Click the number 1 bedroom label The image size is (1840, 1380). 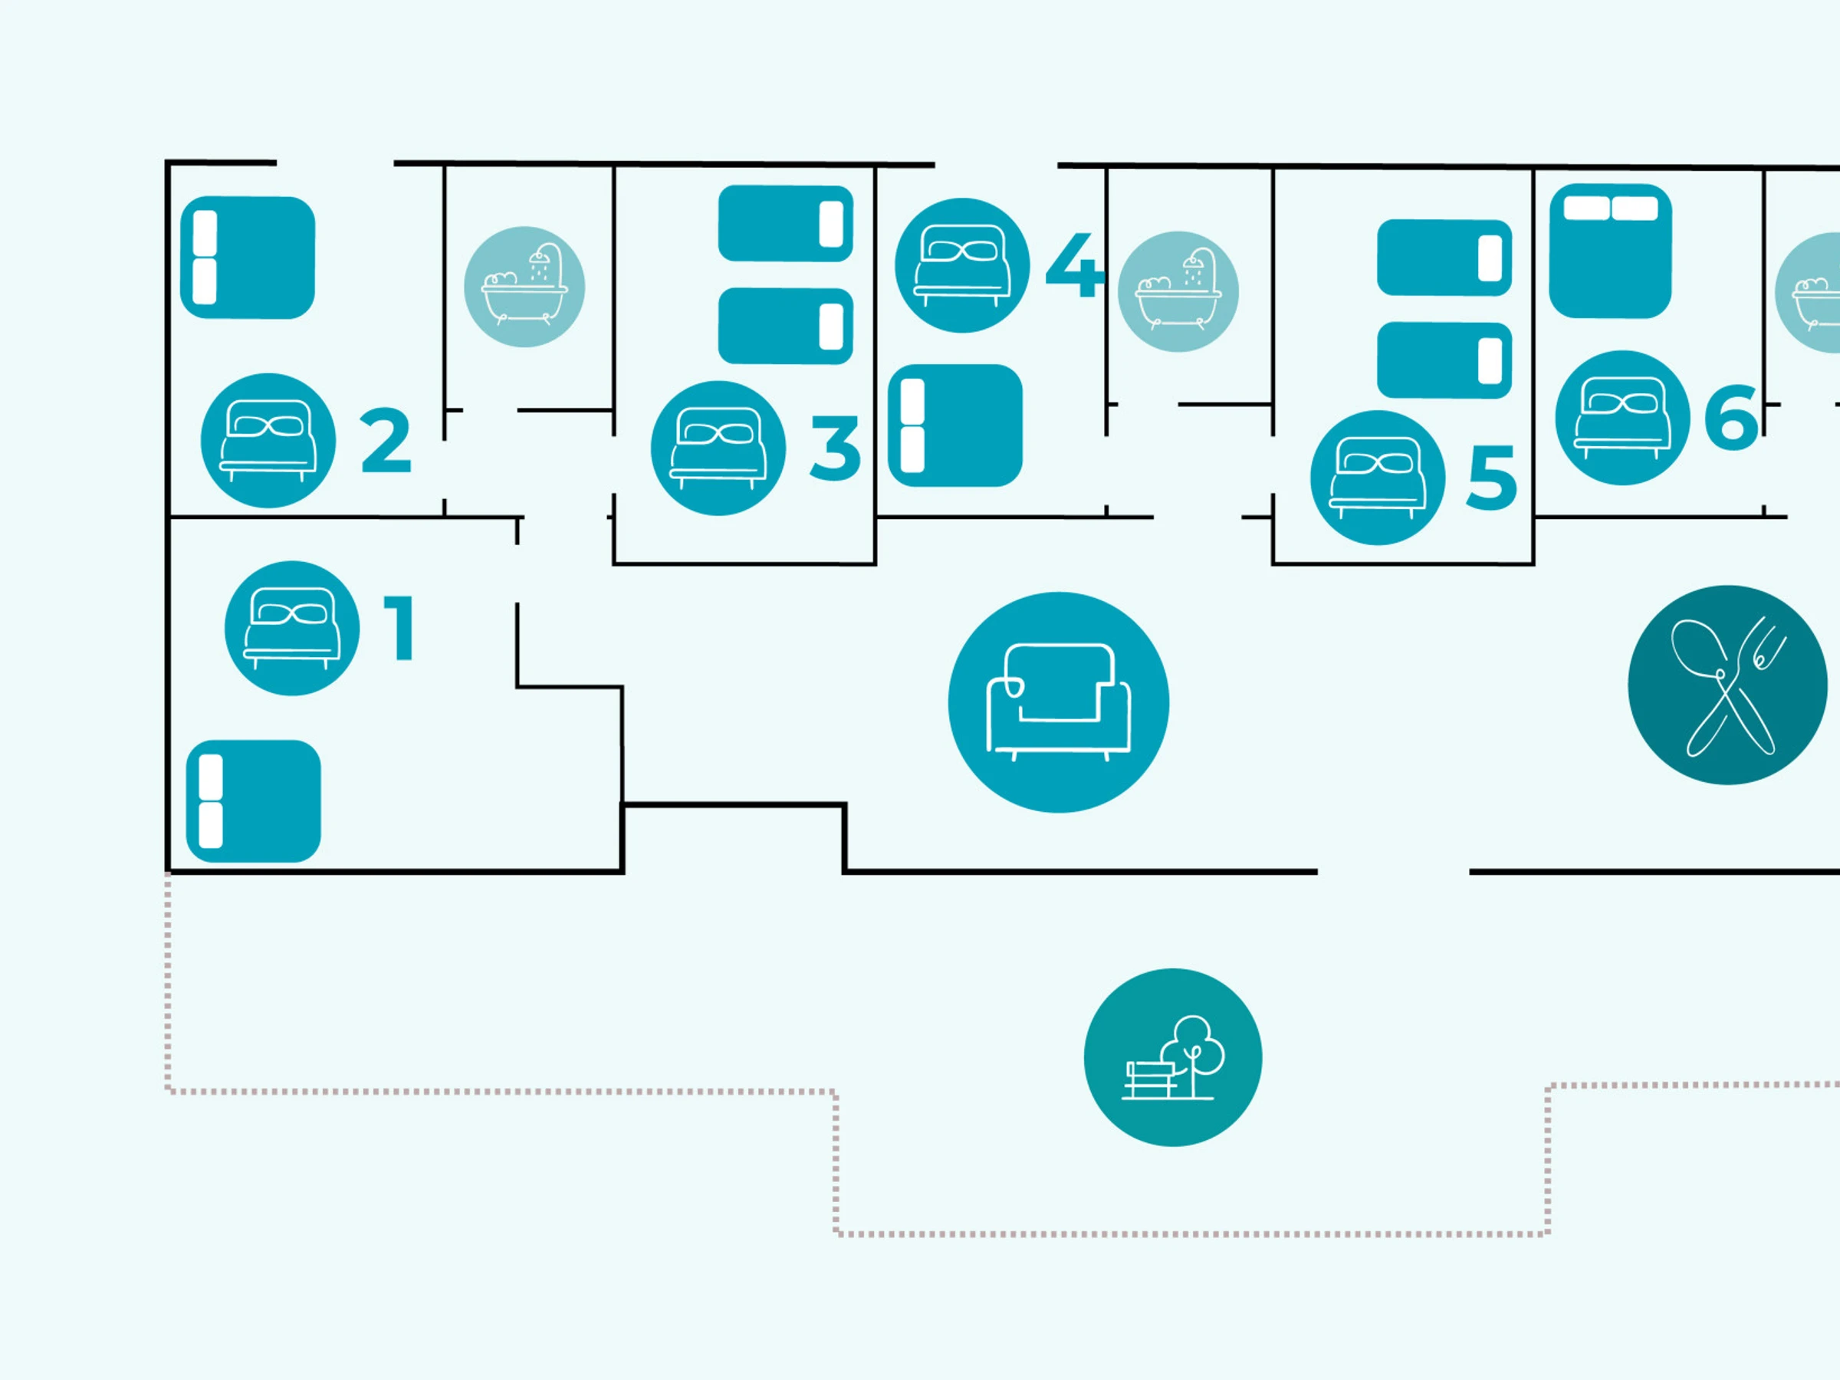(399, 629)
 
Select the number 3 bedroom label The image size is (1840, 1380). (835, 449)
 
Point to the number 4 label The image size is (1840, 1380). (1074, 265)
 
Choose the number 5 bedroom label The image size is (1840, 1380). (1491, 478)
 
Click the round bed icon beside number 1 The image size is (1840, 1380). (292, 628)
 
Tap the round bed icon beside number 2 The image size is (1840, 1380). (268, 440)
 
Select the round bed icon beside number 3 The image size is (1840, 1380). (718, 449)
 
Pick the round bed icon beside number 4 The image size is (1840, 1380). (962, 265)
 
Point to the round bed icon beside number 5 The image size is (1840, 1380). (1378, 478)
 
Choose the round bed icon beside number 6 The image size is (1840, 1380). (1622, 418)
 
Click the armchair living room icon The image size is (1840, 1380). (1058, 702)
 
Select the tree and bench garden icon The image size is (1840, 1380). (1173, 1057)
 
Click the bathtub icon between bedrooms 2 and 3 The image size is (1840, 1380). (524, 286)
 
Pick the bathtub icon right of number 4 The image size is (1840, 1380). (1178, 291)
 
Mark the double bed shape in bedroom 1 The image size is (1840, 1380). (254, 801)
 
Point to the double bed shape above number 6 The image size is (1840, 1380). (1611, 251)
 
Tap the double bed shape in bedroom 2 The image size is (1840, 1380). (248, 258)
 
